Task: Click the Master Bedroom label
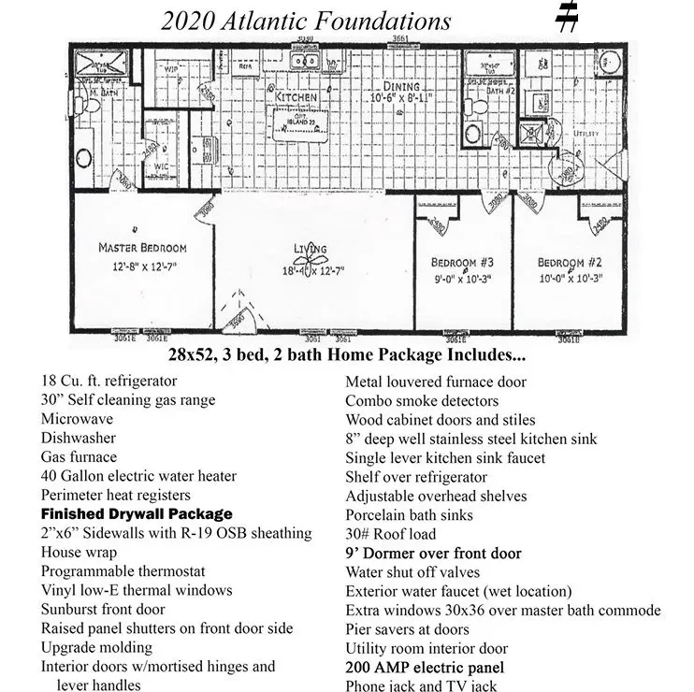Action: (142, 248)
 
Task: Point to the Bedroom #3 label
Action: (462, 261)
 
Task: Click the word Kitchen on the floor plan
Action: (296, 96)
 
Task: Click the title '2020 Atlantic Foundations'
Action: (306, 21)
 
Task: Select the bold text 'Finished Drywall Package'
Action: (137, 513)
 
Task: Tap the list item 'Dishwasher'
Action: (79, 438)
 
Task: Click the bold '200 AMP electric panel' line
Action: (425, 667)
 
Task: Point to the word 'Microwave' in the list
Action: (77, 419)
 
